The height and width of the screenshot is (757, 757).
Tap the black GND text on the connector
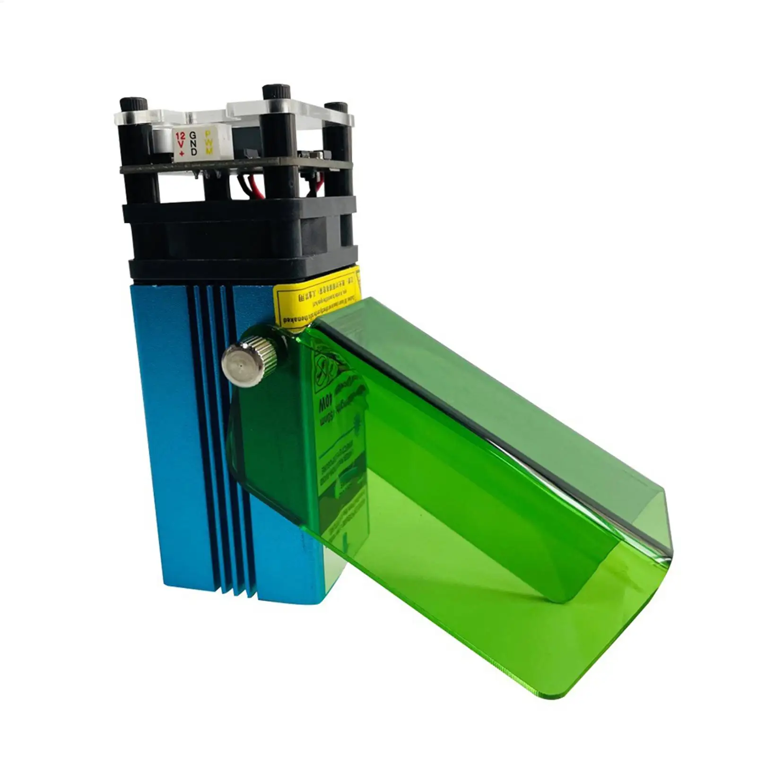point(193,143)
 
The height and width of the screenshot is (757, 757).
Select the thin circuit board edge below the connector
point(236,166)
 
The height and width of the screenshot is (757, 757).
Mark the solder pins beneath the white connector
point(206,174)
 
